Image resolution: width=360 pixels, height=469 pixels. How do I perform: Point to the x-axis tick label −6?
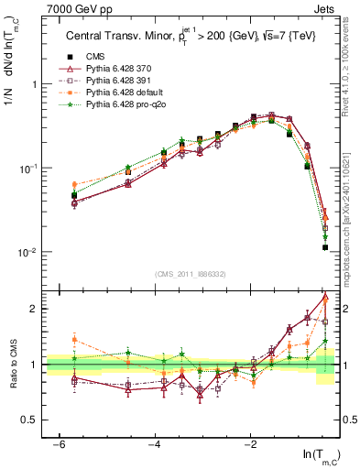click(x=59, y=444)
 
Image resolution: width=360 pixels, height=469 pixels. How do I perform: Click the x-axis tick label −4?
click(x=155, y=444)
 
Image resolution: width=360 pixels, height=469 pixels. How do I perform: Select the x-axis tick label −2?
click(x=250, y=444)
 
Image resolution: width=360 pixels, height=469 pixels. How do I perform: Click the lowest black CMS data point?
click(x=325, y=247)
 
